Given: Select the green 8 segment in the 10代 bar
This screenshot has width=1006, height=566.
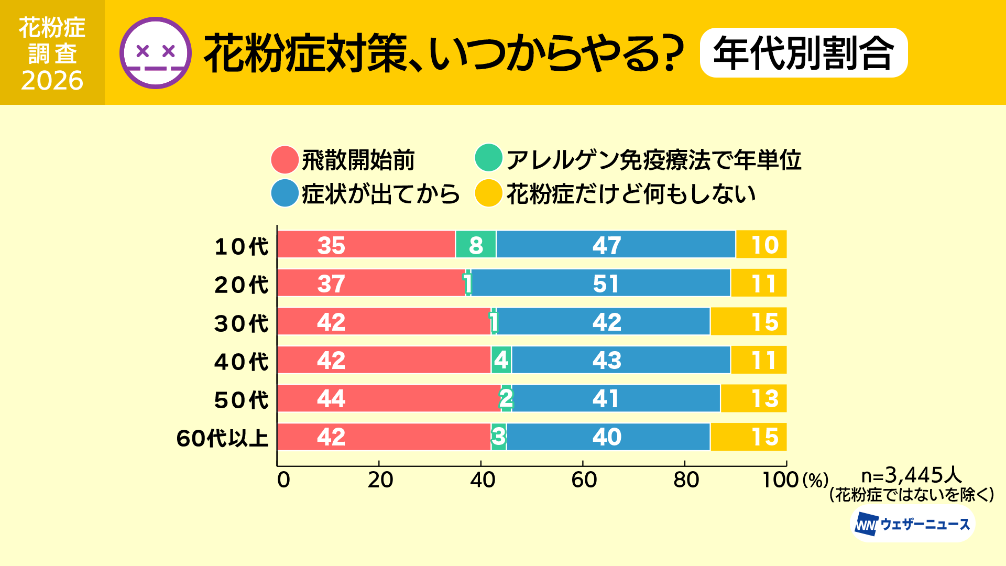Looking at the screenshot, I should [x=476, y=245].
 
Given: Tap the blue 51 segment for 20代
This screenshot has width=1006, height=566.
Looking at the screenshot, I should [x=600, y=283].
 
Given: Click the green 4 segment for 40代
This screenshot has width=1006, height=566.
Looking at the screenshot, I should [x=501, y=360].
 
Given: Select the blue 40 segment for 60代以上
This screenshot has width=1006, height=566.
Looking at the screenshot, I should [x=608, y=437].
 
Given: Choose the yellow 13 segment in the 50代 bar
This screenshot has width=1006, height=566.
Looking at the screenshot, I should [x=753, y=398].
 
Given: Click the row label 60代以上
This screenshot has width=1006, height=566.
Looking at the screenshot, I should [x=222, y=438].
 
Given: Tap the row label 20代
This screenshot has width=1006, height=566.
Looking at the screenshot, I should [x=241, y=285].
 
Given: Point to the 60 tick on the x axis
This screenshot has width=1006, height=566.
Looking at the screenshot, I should [x=583, y=480].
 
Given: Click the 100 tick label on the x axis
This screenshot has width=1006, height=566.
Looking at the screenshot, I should [x=780, y=480].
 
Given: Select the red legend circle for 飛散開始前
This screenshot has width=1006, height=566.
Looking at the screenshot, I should [x=285, y=160].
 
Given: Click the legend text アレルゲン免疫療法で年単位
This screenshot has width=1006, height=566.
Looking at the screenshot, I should [x=653, y=160].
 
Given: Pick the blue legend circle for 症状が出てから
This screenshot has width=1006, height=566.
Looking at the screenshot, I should [x=285, y=193].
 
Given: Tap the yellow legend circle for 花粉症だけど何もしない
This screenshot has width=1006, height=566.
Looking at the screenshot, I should [x=488, y=193].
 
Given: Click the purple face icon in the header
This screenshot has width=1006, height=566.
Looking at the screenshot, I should [x=156, y=52].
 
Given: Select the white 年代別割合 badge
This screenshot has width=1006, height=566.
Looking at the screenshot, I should [x=803, y=53].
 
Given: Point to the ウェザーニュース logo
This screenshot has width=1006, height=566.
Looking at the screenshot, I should [x=912, y=524].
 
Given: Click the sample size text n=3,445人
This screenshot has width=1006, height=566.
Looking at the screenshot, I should [x=912, y=475].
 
